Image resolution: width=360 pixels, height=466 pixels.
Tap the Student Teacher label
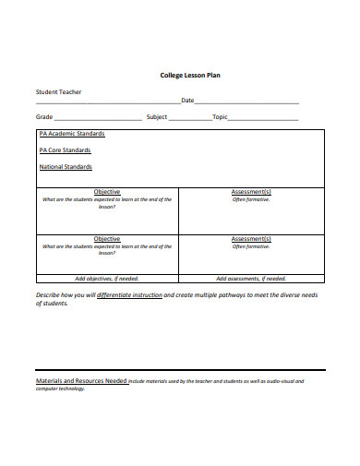[x=59, y=92]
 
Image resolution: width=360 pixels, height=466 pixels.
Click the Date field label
[x=187, y=101]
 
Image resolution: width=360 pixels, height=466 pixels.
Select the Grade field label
[x=44, y=117]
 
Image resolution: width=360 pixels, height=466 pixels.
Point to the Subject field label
[x=157, y=117]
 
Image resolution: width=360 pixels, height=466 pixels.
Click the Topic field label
[x=220, y=117]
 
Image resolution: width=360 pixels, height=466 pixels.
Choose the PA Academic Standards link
[x=72, y=134]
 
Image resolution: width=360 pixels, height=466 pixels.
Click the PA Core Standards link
[x=65, y=150]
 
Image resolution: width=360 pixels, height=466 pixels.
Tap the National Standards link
[x=66, y=167]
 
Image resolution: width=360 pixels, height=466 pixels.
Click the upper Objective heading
[x=107, y=192]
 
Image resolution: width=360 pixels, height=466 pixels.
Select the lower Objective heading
[x=107, y=239]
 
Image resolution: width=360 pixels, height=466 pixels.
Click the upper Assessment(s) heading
[x=251, y=192]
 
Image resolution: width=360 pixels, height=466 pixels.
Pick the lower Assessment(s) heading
[x=251, y=239]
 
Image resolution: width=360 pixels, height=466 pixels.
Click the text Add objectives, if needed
[x=107, y=278]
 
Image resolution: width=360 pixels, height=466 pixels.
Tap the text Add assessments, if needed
[x=251, y=278]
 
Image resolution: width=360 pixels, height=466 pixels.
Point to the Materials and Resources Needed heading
[x=81, y=380]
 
